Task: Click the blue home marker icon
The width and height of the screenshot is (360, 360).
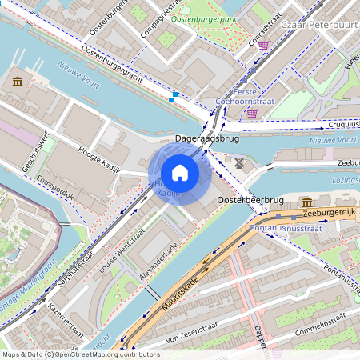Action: click(x=180, y=173)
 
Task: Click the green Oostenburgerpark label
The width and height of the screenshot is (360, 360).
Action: click(x=205, y=18)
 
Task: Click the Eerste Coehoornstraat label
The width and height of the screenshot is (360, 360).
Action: click(x=246, y=96)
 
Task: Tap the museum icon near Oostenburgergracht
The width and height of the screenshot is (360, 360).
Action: click(x=18, y=82)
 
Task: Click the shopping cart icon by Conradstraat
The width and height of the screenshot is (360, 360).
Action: click(x=263, y=46)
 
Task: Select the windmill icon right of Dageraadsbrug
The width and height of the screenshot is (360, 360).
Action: click(x=239, y=163)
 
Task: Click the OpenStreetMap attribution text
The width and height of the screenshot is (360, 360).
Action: click(x=81, y=354)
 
